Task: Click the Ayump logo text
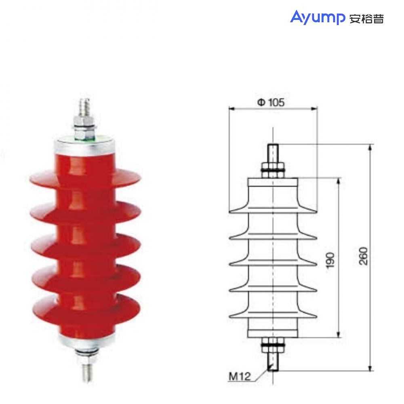click(317, 17)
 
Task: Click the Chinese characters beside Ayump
click(366, 19)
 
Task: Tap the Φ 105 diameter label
click(271, 103)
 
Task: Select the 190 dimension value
click(330, 261)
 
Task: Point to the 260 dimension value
click(363, 256)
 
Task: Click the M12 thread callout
click(240, 377)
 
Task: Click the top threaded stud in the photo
click(85, 107)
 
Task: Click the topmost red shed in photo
click(85, 177)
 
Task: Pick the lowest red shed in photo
click(86, 311)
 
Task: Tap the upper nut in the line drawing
click(274, 170)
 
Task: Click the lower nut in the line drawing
click(274, 346)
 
